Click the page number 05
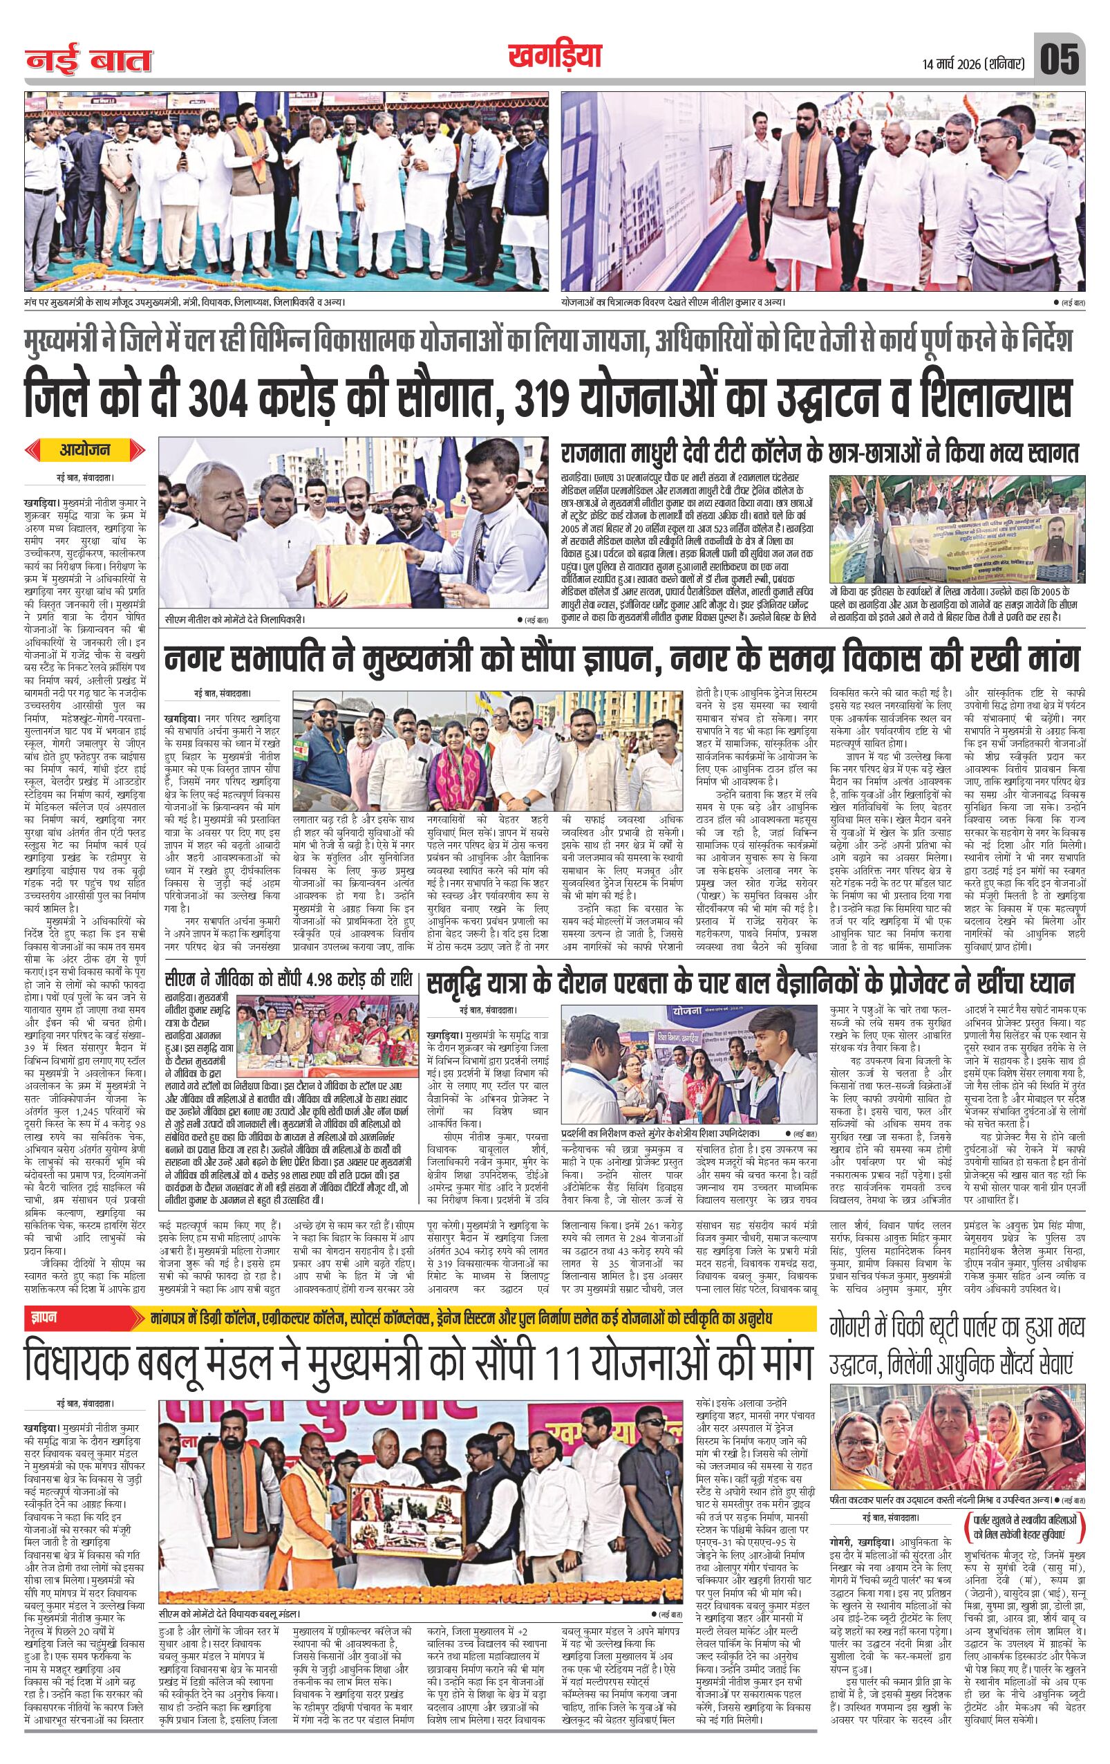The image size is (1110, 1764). coord(1060,59)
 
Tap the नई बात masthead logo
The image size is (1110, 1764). coord(89,61)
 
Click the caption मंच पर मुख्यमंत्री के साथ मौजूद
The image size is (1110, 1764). coord(184,301)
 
